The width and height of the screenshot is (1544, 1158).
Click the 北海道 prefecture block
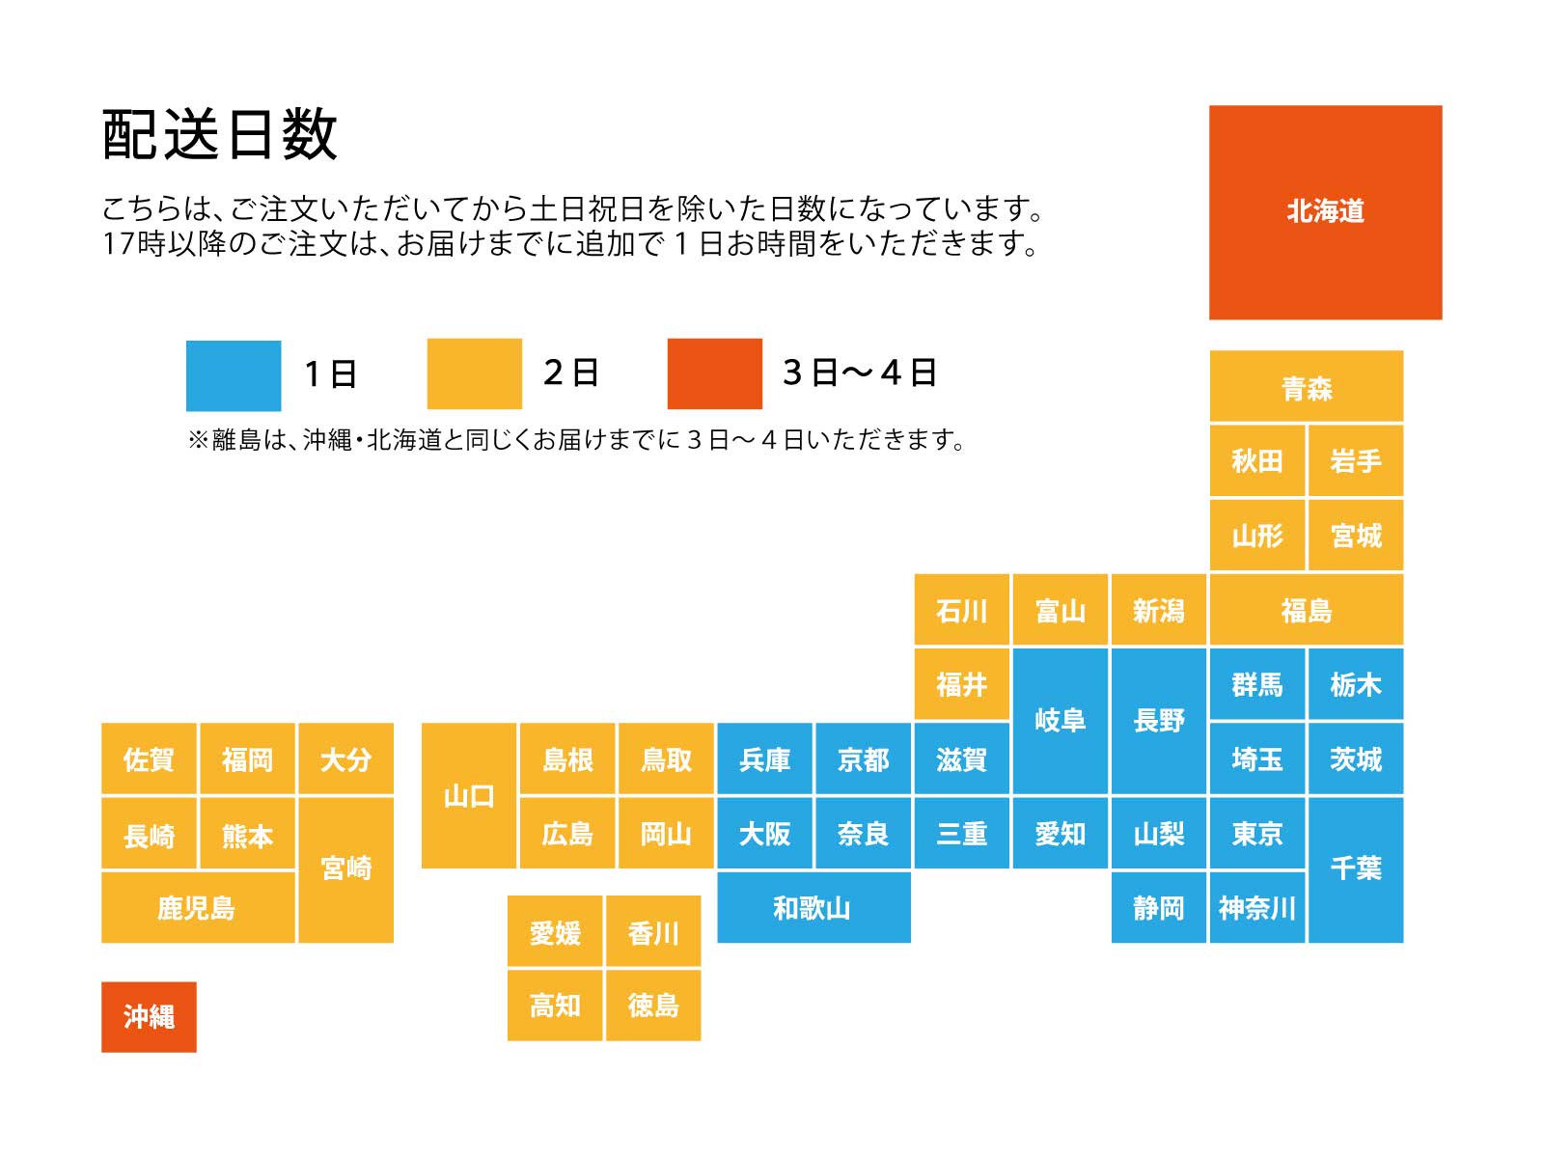coord(1325,212)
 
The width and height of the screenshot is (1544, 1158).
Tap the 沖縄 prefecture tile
coord(149,1016)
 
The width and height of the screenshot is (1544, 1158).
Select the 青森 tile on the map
coord(1306,387)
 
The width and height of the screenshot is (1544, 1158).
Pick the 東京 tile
coord(1256,833)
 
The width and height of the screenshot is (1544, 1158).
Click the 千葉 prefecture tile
coord(1355,868)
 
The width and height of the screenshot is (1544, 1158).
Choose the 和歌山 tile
coord(813,907)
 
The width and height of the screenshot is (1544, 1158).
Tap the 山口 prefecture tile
coord(469,796)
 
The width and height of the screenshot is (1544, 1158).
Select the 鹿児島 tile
coord(197,907)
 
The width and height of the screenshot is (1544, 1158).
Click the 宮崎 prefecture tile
coord(345,868)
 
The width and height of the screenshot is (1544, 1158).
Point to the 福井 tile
coord(961,684)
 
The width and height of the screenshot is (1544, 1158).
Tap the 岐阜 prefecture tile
coord(1060,720)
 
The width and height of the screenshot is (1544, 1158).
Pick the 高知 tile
coord(555,1006)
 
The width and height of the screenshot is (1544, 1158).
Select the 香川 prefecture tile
coord(653,932)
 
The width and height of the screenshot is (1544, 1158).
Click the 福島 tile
coord(1306,610)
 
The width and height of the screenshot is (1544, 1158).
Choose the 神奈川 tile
coord(1256,907)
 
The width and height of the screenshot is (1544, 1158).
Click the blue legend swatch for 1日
coord(234,374)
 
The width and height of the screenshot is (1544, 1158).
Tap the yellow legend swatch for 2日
coord(474,373)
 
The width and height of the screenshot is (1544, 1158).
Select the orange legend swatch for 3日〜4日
coord(714,373)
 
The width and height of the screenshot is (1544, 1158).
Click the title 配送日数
coord(220,134)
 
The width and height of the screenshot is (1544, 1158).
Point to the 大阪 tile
coord(764,833)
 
